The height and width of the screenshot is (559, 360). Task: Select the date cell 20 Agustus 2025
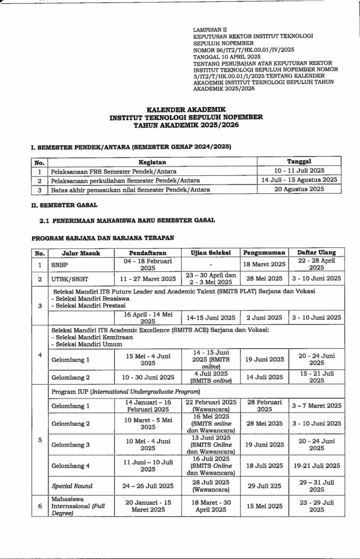[298, 189]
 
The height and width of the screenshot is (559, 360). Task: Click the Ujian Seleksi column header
[211, 252]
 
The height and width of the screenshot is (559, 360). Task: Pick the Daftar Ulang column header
[316, 252]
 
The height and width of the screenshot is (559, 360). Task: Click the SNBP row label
[61, 264]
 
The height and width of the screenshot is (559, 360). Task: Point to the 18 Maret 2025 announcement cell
[264, 264]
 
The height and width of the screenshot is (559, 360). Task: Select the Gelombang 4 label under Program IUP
[70, 466]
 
